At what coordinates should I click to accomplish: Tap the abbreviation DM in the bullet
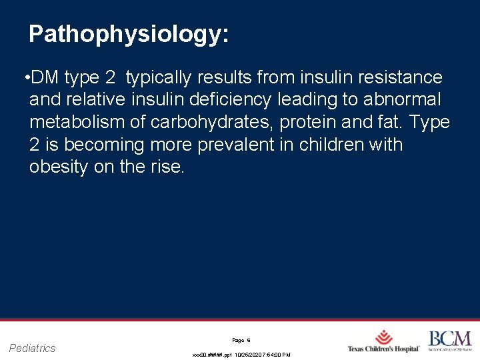tap(45, 78)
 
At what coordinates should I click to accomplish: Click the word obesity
tap(59, 167)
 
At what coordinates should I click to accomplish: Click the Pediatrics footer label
tap(33, 347)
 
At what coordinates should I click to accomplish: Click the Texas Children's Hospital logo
tap(383, 341)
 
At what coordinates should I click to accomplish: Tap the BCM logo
tap(449, 340)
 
